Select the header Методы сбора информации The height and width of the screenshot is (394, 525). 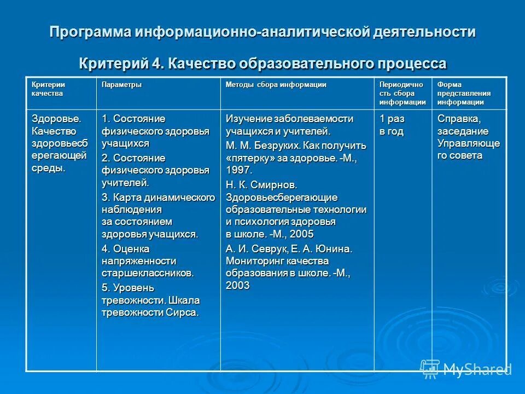pos(276,85)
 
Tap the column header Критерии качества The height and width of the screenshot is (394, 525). pos(48,89)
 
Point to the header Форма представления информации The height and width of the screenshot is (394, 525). pos(464,93)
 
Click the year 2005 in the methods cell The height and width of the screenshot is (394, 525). pos(301,234)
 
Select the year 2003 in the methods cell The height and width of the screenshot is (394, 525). pos(238,285)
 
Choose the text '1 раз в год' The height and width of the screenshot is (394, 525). pos(392,125)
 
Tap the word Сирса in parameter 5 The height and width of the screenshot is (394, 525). pos(182,312)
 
